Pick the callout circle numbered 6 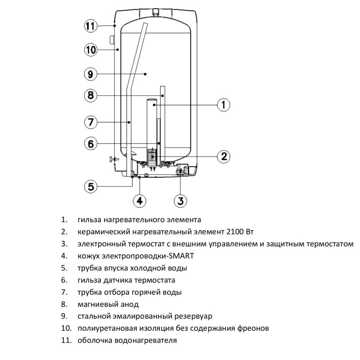coord(91,144)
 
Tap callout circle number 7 coord(91,122)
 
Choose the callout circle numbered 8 coord(91,95)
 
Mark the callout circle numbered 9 coord(91,73)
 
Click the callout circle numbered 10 coord(91,49)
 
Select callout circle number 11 coord(91,26)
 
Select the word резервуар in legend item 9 coord(194,316)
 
